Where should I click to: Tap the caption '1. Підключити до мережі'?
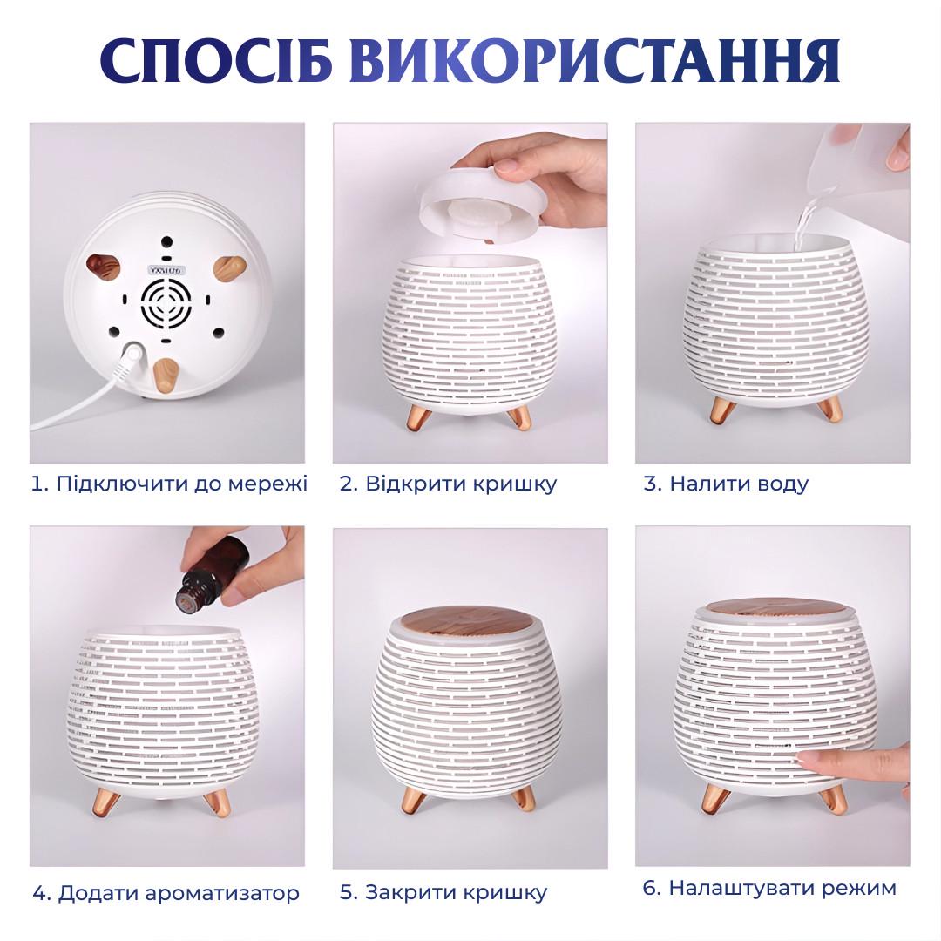coord(169,483)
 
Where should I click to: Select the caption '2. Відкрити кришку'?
coord(448,484)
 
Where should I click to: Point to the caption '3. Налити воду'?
coord(726,484)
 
